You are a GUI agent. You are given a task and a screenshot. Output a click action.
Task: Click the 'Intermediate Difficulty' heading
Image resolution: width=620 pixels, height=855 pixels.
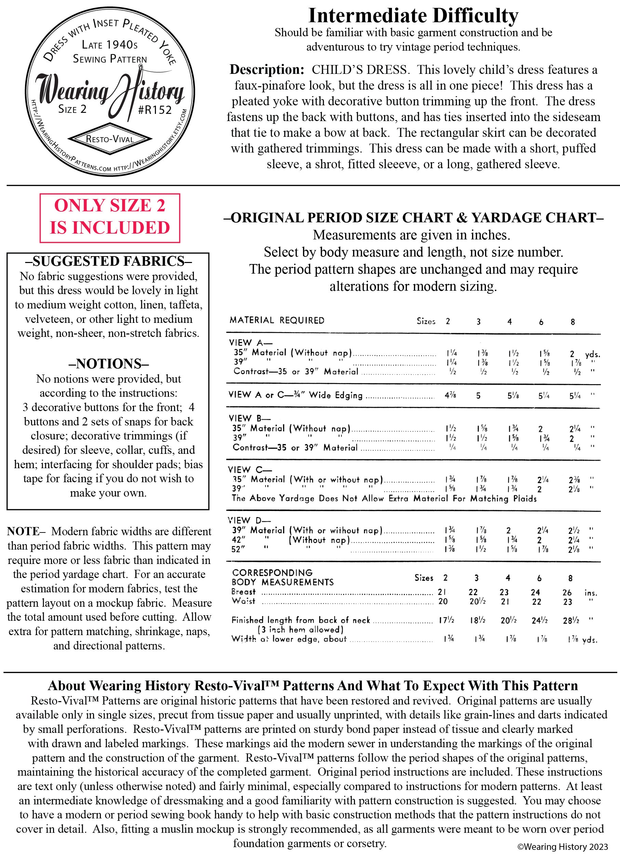pyautogui.click(x=413, y=16)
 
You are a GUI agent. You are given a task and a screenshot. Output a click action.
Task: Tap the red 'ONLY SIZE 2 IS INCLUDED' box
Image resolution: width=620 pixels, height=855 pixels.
pyautogui.click(x=110, y=218)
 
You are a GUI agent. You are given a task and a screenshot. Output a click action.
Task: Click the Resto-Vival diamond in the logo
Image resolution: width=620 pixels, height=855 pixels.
pyautogui.click(x=110, y=139)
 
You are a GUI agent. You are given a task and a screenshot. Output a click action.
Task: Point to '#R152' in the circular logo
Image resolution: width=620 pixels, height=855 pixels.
pyautogui.click(x=155, y=110)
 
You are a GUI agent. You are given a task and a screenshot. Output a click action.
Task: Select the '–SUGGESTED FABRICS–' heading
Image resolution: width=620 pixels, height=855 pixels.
pyautogui.click(x=108, y=261)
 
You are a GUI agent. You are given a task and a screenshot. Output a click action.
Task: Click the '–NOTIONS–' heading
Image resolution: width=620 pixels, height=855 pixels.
pyautogui.click(x=108, y=364)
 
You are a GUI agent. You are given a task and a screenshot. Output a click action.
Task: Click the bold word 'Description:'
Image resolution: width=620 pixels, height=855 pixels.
pyautogui.click(x=267, y=70)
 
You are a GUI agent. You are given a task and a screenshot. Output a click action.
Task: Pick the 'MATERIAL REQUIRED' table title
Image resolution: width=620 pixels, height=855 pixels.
pyautogui.click(x=277, y=320)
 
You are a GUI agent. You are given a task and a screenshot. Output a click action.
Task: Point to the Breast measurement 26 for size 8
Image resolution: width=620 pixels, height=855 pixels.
pyautogui.click(x=567, y=593)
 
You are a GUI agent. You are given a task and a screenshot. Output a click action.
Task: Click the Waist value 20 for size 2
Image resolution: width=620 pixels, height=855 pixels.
pyautogui.click(x=443, y=602)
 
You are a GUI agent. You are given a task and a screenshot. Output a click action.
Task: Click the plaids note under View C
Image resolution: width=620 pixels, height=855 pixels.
pyautogui.click(x=384, y=498)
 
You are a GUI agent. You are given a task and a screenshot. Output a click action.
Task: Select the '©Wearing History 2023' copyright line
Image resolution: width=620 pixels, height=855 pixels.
pyautogui.click(x=562, y=846)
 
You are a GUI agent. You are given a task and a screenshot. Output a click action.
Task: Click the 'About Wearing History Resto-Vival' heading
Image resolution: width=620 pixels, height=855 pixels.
pyautogui.click(x=313, y=685)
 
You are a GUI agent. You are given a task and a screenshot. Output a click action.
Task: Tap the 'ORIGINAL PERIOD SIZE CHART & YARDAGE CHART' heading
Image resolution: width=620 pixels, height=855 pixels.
pyautogui.click(x=413, y=218)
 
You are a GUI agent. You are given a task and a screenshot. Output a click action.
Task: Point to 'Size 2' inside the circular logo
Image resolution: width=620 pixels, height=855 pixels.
pyautogui.click(x=72, y=109)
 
